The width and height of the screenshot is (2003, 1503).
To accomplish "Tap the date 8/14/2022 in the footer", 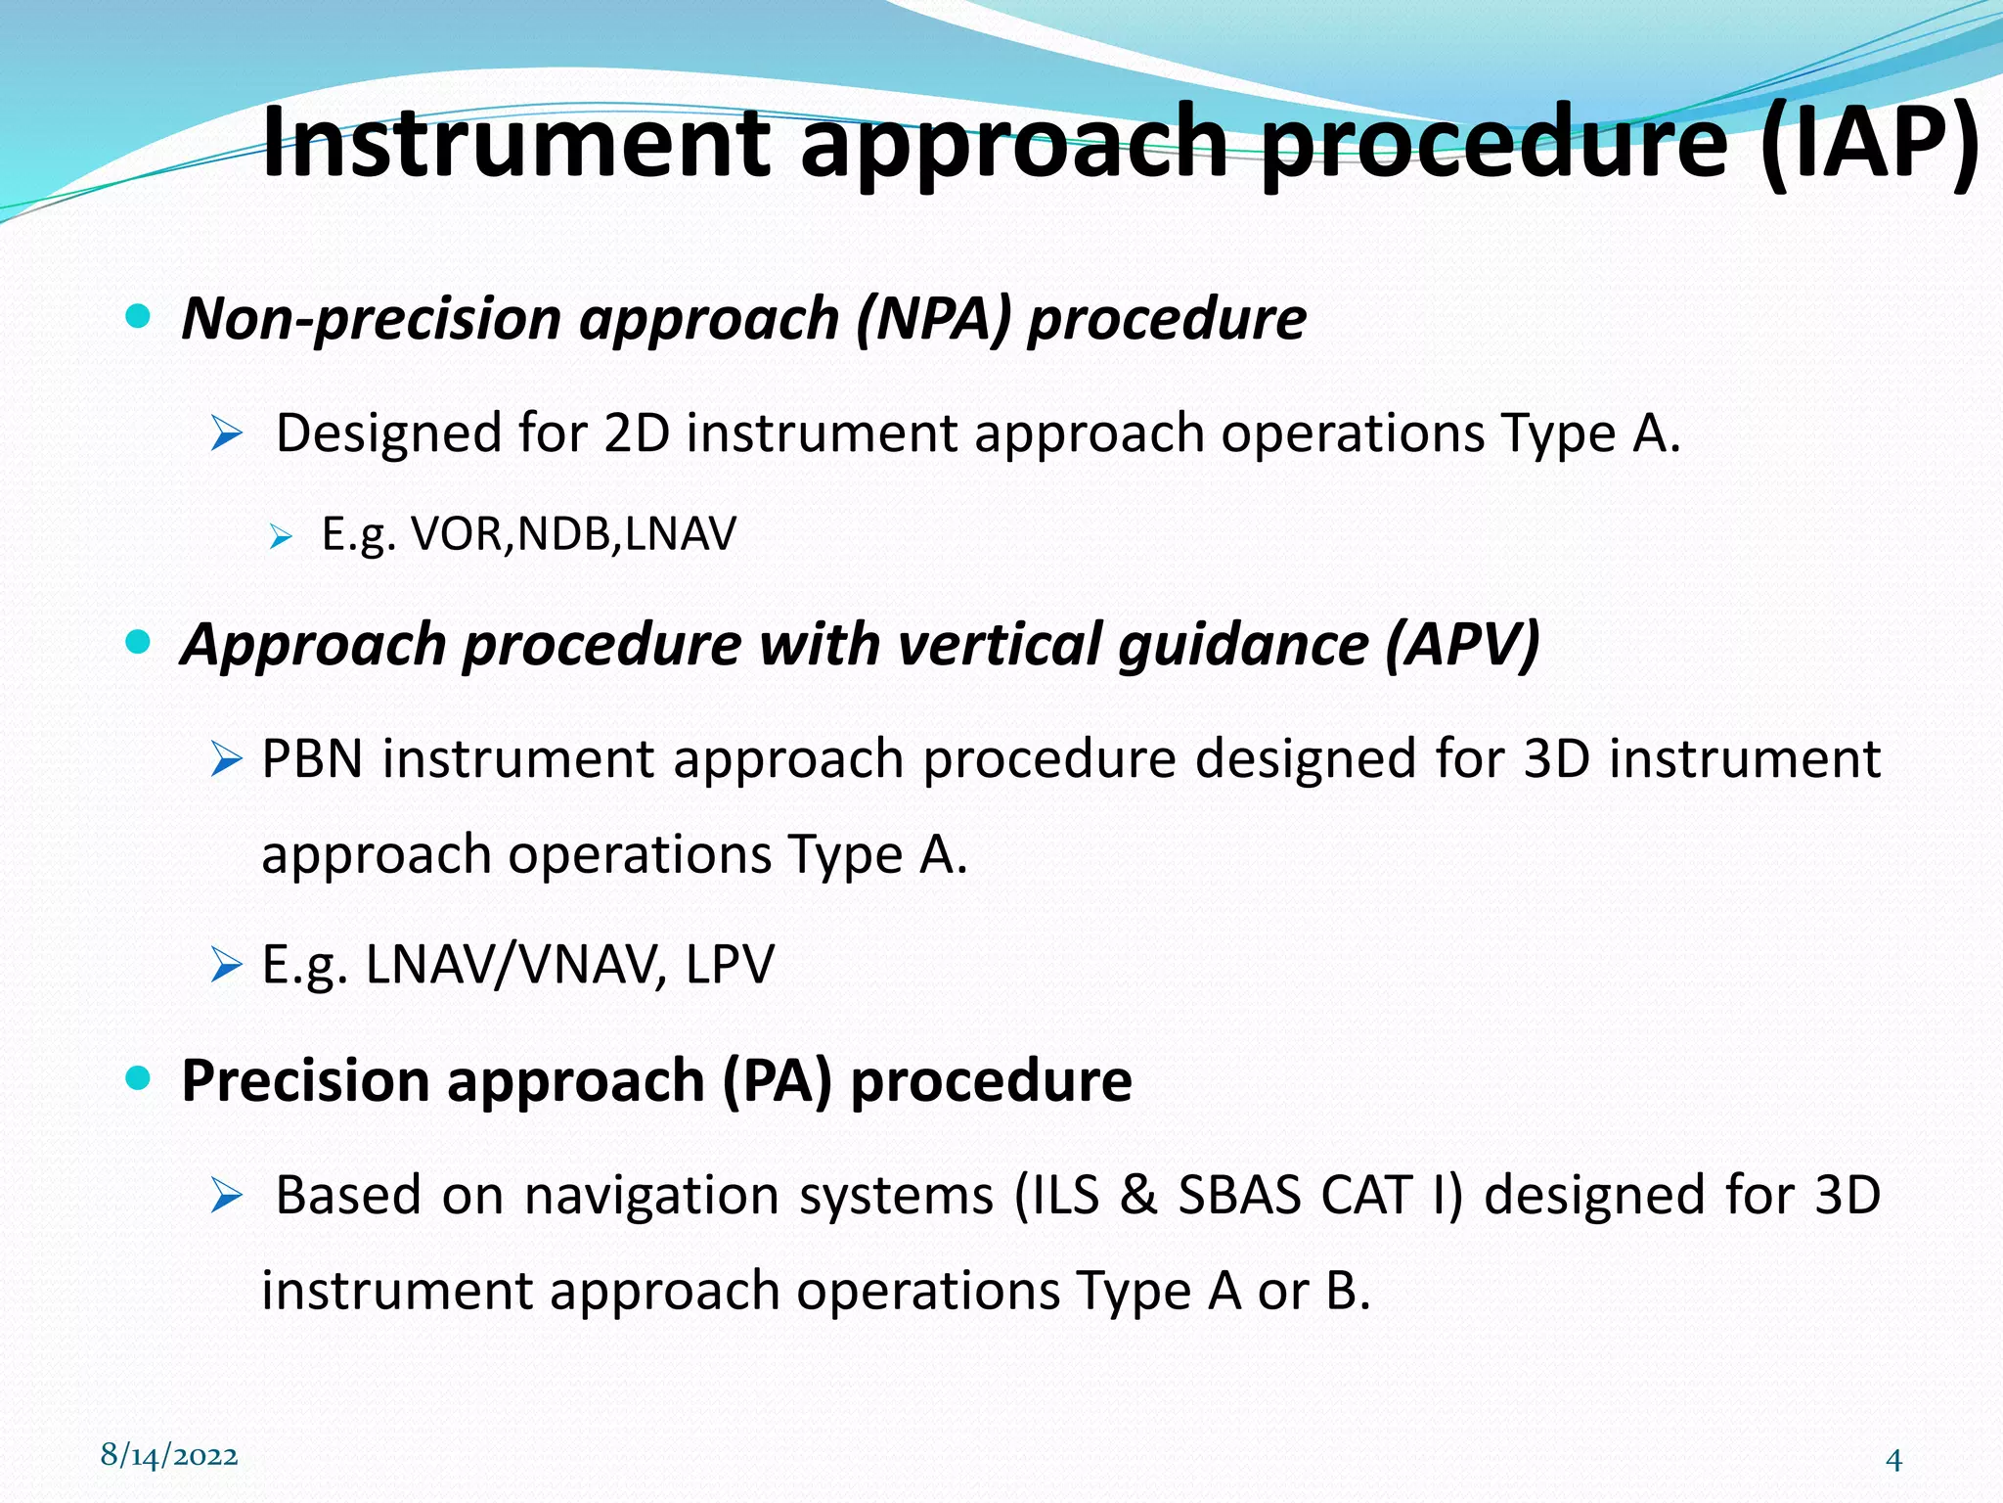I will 169,1455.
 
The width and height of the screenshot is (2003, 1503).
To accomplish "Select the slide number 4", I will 1893,1461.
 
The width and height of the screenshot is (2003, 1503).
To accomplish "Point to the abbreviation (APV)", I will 1462,645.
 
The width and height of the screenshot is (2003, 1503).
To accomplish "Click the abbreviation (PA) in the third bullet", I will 777,1081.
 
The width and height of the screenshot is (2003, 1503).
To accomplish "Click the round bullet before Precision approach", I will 139,1078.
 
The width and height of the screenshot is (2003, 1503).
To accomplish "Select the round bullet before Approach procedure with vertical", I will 139,642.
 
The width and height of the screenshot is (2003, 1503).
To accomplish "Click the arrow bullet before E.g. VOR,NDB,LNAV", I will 281,536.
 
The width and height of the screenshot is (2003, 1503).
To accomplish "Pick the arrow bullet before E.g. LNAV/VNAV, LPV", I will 226,966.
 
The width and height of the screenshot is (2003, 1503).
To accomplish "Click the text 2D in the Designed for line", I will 636,433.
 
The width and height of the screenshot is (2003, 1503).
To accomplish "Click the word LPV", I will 730,965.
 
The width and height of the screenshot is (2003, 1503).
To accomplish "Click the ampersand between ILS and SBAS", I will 1138,1196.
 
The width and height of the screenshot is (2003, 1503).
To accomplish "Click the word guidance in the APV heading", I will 1242,645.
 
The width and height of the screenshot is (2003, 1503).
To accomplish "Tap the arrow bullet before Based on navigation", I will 226,1196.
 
